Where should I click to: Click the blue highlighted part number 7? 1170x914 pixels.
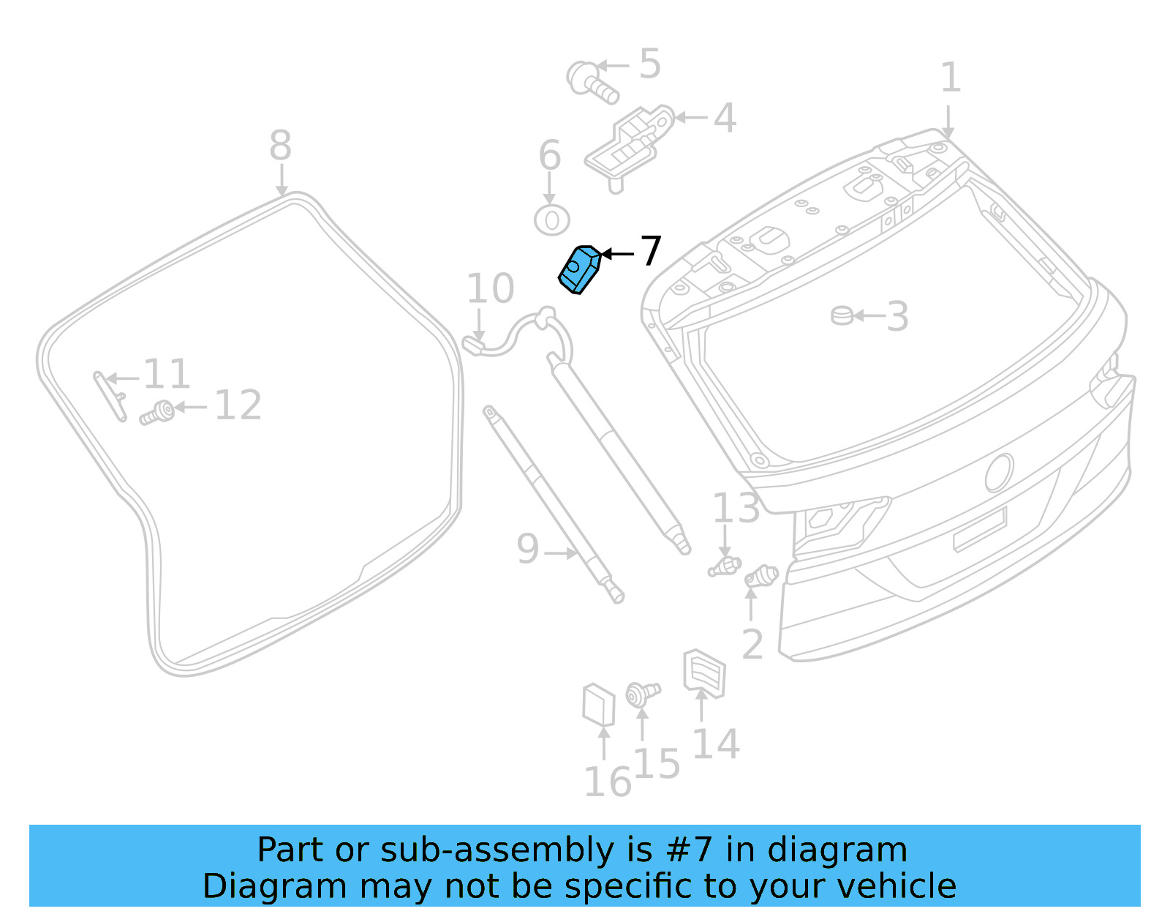click(x=580, y=270)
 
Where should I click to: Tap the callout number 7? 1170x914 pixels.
click(x=650, y=252)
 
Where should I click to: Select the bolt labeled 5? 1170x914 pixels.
click(x=591, y=81)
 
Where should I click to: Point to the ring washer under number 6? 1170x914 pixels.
click(x=552, y=220)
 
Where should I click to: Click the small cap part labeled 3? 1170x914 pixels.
click(x=842, y=315)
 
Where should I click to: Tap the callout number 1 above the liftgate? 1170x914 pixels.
click(x=950, y=78)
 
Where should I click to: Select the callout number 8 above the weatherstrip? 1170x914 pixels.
click(x=281, y=146)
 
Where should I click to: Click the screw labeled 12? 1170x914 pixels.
click(x=157, y=413)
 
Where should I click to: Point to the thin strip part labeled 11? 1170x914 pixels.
click(x=110, y=396)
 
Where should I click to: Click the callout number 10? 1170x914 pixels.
click(x=491, y=289)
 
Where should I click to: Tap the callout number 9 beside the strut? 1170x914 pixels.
click(x=527, y=549)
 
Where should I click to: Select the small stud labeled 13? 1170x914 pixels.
click(x=724, y=566)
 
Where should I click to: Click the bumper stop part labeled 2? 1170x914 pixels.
click(x=761, y=576)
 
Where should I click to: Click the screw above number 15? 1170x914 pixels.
click(x=642, y=692)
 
